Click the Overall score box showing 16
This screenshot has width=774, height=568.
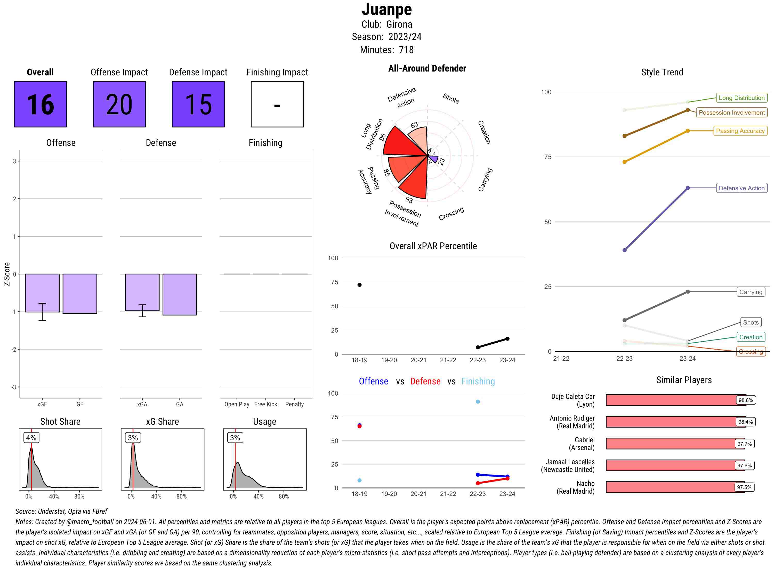[x=40, y=104]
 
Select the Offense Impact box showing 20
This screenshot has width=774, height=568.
[x=119, y=104]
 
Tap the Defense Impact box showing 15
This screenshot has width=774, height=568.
[x=198, y=104]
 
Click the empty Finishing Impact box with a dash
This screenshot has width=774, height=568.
[x=277, y=104]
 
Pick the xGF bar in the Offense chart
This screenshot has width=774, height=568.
[x=42, y=293]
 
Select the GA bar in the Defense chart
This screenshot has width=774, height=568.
[x=180, y=294]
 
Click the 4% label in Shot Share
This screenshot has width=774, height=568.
[x=31, y=438]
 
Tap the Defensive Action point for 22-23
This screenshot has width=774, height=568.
[x=625, y=250]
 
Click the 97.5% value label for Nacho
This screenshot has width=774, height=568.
[x=744, y=487]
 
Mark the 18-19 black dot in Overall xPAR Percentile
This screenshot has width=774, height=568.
[x=359, y=285]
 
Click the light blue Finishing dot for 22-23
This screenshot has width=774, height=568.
[x=478, y=401]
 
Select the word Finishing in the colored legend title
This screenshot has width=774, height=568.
[x=478, y=381]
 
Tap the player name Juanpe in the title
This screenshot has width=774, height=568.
[x=387, y=10]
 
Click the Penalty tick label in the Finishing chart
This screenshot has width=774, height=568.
[x=294, y=404]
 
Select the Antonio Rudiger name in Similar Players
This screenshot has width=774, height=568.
[x=572, y=422]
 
